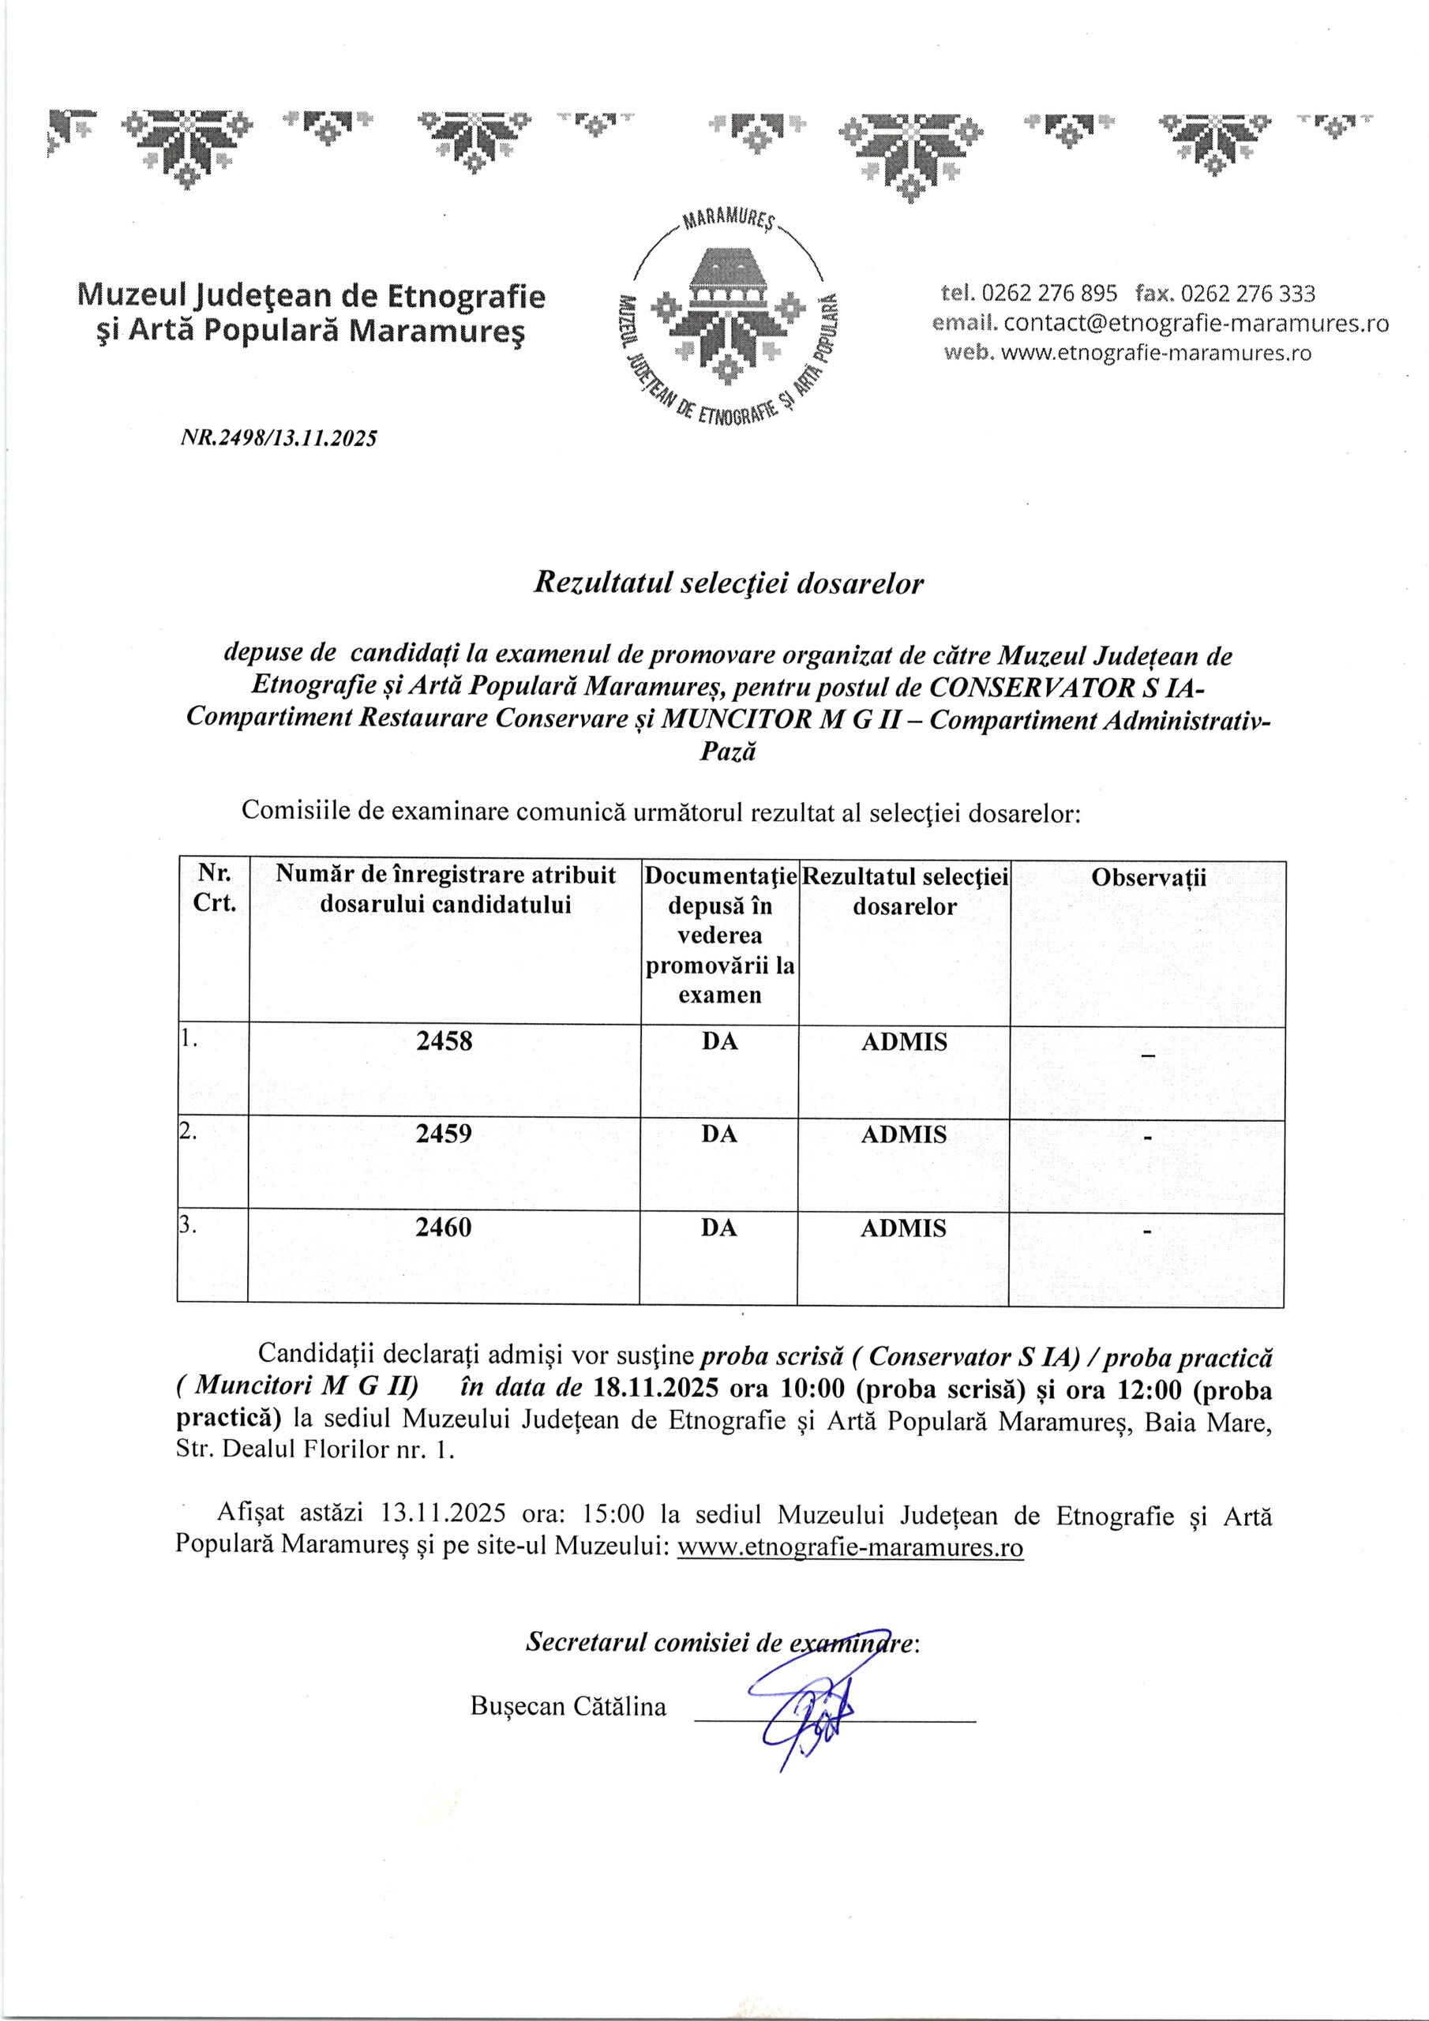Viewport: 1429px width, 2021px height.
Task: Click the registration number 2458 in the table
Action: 444,1041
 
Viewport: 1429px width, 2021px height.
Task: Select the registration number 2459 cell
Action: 444,1134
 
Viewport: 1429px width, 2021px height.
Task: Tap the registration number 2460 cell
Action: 444,1227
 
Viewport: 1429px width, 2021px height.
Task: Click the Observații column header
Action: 1147,877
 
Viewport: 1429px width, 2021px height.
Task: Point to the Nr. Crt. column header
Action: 214,889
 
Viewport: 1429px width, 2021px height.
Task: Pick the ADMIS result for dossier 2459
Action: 903,1134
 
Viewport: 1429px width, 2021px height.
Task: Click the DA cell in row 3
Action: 718,1227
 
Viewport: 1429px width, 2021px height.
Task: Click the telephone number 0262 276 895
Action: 1048,293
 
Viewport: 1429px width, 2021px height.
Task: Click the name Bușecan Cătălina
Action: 568,1706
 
